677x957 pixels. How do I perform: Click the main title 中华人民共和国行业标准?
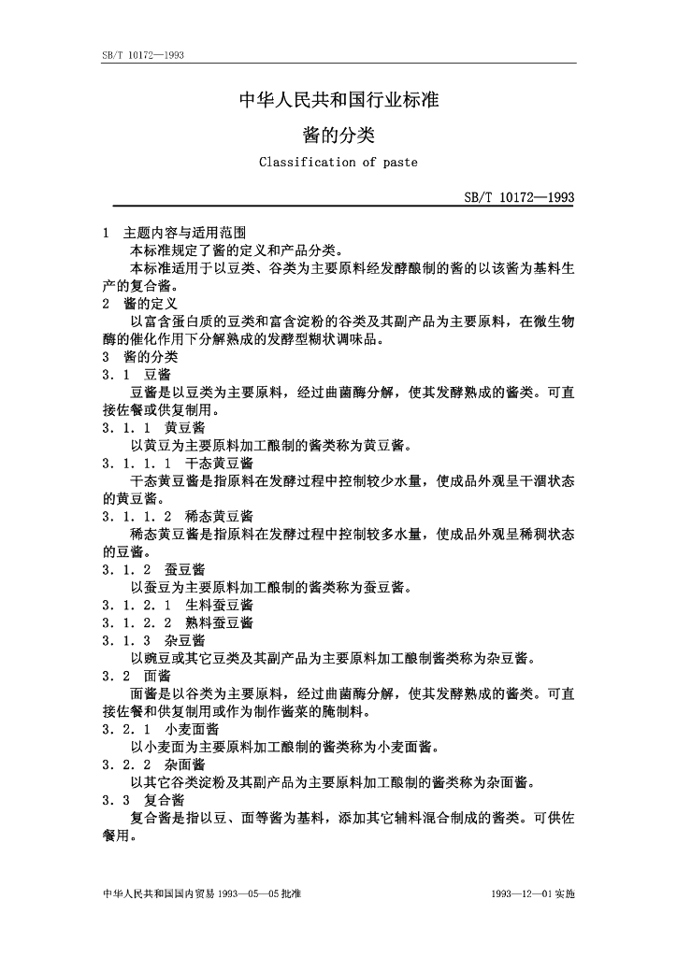[338, 100]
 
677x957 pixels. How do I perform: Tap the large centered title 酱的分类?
[338, 135]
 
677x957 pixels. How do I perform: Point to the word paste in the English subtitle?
[398, 162]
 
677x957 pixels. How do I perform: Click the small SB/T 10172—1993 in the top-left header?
[141, 56]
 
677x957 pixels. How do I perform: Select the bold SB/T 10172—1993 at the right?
[519, 197]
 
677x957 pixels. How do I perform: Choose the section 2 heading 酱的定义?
[151, 304]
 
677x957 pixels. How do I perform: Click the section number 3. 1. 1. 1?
[137, 463]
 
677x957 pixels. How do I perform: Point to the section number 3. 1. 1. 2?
[137, 516]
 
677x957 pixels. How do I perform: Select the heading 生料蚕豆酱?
[219, 605]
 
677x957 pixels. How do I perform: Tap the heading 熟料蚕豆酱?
[219, 622]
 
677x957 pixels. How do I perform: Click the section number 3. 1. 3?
[127, 640]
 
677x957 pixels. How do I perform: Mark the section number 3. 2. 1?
[127, 729]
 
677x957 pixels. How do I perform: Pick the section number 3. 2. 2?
[127, 764]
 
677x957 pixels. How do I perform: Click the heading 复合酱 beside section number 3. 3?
[165, 800]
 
